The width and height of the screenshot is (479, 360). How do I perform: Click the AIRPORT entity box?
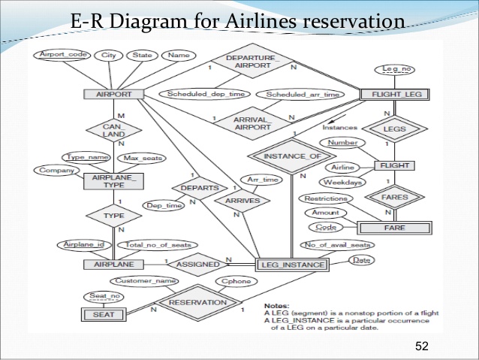pyautogui.click(x=114, y=95)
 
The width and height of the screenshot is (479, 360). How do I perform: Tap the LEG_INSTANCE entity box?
pyautogui.click(x=292, y=265)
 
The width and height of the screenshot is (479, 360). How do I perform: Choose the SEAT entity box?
pyautogui.click(x=104, y=314)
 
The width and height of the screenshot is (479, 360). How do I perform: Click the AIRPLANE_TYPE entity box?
pyautogui.click(x=113, y=181)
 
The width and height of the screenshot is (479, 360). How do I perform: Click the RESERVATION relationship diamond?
pyautogui.click(x=197, y=302)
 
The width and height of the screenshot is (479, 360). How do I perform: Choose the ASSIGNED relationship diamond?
pyautogui.click(x=197, y=264)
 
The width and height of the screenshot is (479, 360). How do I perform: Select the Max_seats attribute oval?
pyautogui.click(x=141, y=158)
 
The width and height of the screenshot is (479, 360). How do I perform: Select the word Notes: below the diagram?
pyautogui.click(x=279, y=306)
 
